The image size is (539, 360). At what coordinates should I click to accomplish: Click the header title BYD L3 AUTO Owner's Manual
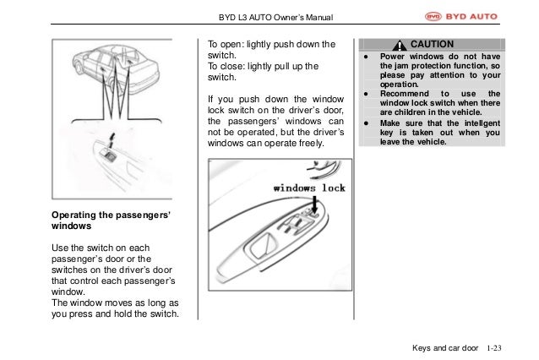[269, 17]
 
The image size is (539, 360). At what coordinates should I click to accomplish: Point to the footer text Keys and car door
[445, 347]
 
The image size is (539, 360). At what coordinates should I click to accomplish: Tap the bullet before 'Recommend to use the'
[364, 93]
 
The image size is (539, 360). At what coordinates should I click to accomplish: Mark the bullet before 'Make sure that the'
[364, 122]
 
